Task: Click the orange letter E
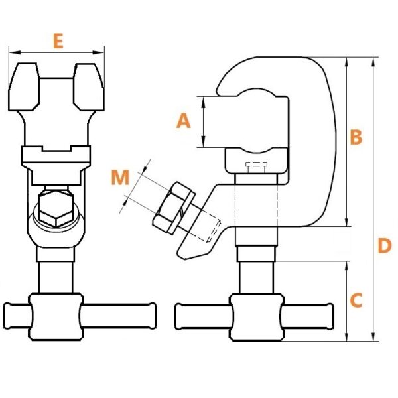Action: [x=58, y=41]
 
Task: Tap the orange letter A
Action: [x=183, y=121]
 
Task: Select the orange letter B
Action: [x=356, y=137]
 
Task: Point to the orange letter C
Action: [x=356, y=300]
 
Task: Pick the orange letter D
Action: [x=385, y=245]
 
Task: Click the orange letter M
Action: [x=120, y=177]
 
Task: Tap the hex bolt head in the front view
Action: [x=56, y=208]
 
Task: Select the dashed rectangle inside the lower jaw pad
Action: [x=256, y=167]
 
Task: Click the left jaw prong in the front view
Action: [x=24, y=87]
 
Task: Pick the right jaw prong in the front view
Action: [x=89, y=87]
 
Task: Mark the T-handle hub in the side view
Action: [x=256, y=317]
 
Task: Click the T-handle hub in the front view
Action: [x=56, y=316]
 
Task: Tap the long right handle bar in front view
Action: [x=118, y=316]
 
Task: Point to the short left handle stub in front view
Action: [x=17, y=316]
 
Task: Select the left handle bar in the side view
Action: [x=203, y=316]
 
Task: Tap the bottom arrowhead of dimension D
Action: [x=373, y=336]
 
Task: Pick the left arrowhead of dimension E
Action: [x=15, y=52]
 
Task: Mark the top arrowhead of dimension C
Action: [x=347, y=267]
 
